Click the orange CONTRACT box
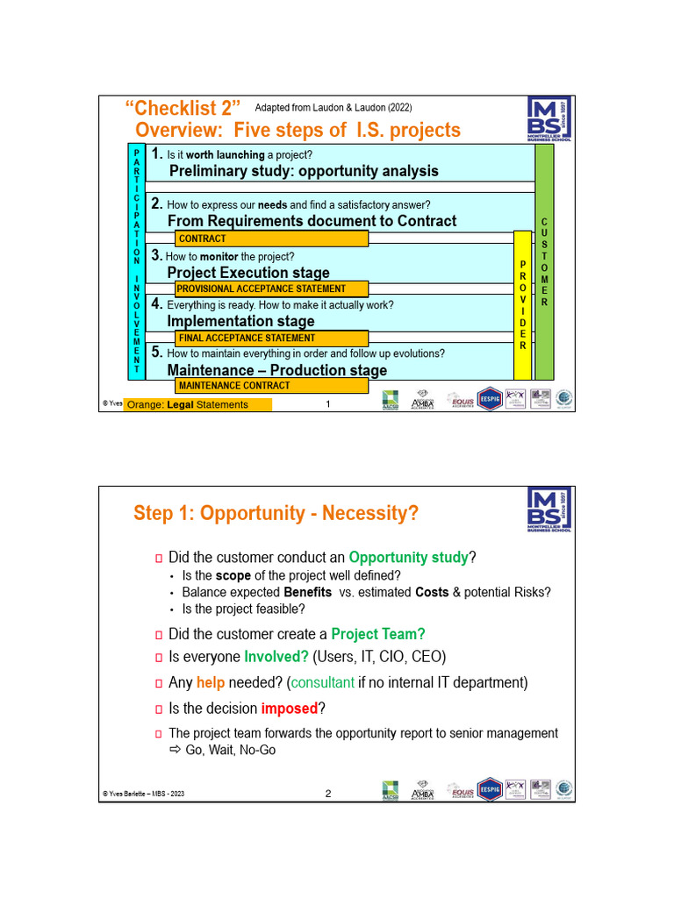pyautogui.click(x=271, y=239)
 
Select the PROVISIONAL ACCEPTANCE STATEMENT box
pyautogui.click(x=271, y=289)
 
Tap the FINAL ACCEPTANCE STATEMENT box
pyautogui.click(x=271, y=338)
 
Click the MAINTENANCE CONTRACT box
pyautogui.click(x=271, y=386)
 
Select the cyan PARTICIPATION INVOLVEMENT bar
pyautogui.click(x=136, y=260)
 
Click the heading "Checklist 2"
pyautogui.click(x=183, y=109)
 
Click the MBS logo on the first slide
pyautogui.click(x=549, y=120)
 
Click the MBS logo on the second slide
pyautogui.click(x=549, y=510)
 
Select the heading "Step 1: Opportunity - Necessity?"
pyautogui.click(x=276, y=513)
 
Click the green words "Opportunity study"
pyautogui.click(x=408, y=558)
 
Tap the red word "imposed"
pyautogui.click(x=289, y=709)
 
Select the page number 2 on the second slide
pyautogui.click(x=328, y=795)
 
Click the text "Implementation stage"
pyautogui.click(x=240, y=322)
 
